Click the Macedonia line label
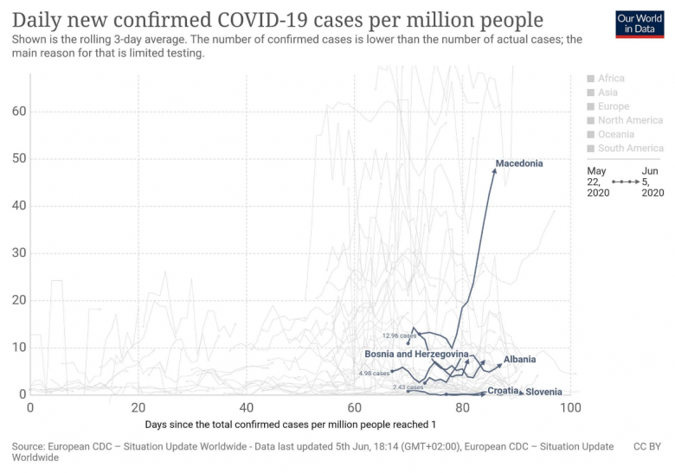coord(519,163)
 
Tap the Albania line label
coord(520,360)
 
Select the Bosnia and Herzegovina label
coord(416,355)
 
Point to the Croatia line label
coord(503,391)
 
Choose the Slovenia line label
coord(543,392)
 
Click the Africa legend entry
coord(611,79)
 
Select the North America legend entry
coord(630,120)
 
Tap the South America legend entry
coord(631,148)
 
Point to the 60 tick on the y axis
coord(19,112)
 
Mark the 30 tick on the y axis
coord(19,253)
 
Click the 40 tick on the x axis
coord(247,406)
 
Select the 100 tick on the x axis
coord(569,406)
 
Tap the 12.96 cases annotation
coord(399,336)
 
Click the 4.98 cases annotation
coord(374,374)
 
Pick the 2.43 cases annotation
coord(408,387)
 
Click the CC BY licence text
coord(646,447)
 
